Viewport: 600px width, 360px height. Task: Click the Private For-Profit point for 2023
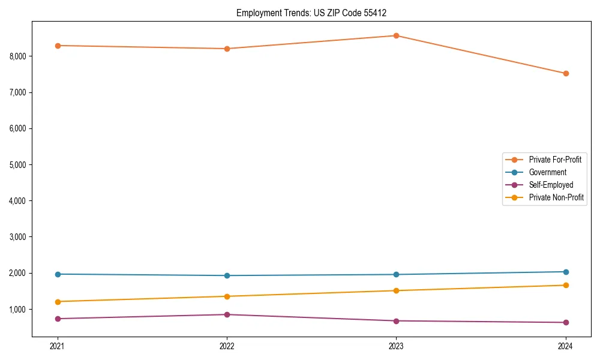396,35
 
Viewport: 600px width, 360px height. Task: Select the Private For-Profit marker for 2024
565,73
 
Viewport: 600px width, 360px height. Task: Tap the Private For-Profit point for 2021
58,46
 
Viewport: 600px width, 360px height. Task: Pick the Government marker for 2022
227,275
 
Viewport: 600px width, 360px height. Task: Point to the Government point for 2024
565,272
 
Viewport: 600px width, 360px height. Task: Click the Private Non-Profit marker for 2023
396,290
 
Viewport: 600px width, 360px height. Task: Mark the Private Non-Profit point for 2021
58,301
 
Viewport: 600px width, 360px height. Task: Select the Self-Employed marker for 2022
227,314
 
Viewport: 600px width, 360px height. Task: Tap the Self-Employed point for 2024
565,322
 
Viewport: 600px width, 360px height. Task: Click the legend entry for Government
547,172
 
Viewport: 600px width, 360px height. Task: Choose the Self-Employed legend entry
551,185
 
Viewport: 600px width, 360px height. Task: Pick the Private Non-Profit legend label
556,197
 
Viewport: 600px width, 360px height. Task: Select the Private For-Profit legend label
554,160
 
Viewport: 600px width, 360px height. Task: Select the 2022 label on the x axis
227,346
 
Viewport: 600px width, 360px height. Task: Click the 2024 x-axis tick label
565,346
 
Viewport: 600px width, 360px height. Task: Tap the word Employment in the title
256,13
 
